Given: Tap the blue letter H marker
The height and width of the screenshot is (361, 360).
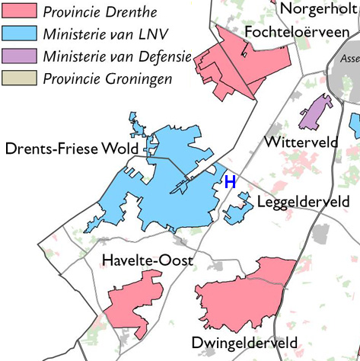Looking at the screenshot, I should pos(230,181).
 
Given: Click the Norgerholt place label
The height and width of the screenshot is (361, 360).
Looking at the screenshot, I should pos(320,8).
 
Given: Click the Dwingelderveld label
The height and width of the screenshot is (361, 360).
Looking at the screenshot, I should pos(244,343).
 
